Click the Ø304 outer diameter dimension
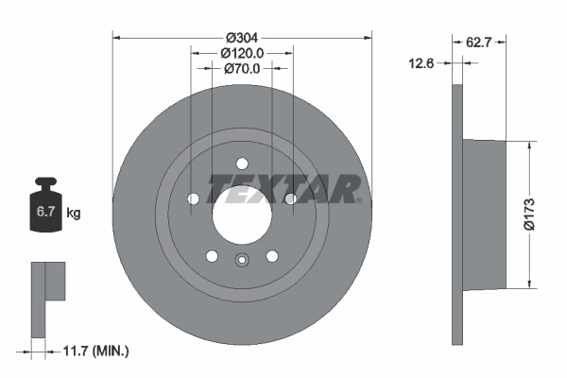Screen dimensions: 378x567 [x=241, y=27]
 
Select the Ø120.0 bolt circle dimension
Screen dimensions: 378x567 [x=241, y=54]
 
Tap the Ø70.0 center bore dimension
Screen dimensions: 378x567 [x=241, y=68]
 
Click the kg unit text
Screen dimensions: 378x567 [x=74, y=214]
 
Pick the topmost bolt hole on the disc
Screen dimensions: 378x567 [x=241, y=161]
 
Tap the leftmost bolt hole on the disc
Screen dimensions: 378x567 [x=194, y=199]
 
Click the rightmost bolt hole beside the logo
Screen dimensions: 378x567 [x=289, y=198]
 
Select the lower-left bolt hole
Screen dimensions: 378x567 [x=212, y=256]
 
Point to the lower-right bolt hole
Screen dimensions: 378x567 [x=271, y=256]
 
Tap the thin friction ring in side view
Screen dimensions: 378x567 [x=458, y=302]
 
